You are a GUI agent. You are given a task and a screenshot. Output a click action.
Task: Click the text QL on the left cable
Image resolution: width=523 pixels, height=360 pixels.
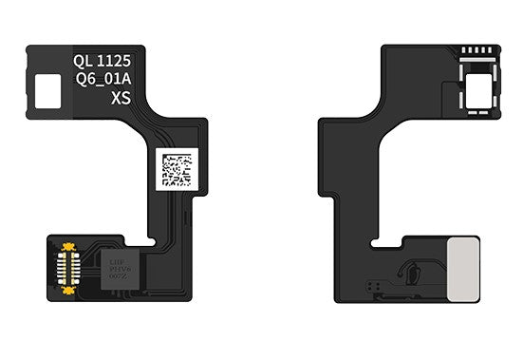[x=84, y=59]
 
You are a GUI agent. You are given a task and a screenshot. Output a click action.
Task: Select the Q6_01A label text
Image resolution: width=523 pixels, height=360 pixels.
[x=105, y=79]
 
